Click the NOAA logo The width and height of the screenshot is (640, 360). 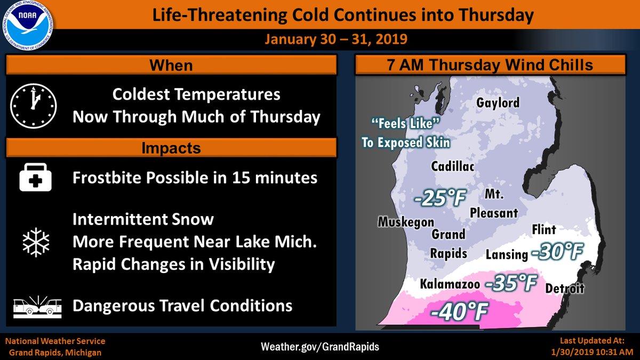click(28, 26)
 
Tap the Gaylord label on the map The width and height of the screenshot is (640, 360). click(498, 103)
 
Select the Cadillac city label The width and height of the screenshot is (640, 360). click(453, 166)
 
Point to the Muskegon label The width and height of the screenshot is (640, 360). click(406, 222)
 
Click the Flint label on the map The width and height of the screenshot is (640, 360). click(543, 230)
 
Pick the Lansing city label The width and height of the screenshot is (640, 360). click(507, 254)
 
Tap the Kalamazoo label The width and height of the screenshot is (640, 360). click(450, 284)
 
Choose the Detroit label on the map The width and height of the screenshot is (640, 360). click(565, 289)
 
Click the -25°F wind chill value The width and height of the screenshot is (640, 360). click(440, 198)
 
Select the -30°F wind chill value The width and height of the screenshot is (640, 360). click(557, 252)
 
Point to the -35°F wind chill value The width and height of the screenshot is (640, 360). click(511, 283)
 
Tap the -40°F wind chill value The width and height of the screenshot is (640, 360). click(459, 311)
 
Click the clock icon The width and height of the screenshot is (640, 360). click(34, 106)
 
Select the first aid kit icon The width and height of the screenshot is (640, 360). click(35, 177)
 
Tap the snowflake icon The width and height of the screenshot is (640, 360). click(36, 242)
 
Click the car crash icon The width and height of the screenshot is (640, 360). click(37, 307)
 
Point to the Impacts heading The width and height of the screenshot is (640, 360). click(171, 148)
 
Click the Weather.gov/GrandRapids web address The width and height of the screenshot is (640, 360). click(320, 347)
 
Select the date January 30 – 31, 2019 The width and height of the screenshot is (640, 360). click(336, 39)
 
